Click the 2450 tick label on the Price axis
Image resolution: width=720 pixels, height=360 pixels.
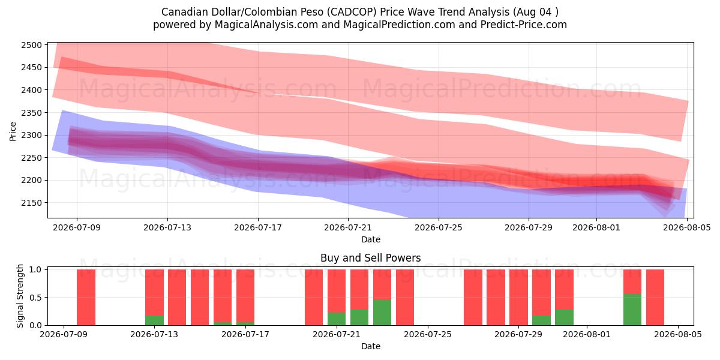coord(31,67)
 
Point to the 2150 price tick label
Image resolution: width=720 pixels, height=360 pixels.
coord(31,203)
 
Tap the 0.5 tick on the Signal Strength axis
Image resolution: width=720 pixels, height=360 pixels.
coord(35,298)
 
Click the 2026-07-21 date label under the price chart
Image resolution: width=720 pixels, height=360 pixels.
coord(348,227)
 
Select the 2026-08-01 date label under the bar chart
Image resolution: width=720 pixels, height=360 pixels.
coord(587,334)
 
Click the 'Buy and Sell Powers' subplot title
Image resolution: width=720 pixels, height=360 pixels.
coord(371,258)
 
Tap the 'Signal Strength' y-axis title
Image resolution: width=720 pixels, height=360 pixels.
coord(20,296)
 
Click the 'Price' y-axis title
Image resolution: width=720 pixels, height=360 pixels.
coord(13,131)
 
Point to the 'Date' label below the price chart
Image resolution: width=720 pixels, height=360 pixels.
coord(371,239)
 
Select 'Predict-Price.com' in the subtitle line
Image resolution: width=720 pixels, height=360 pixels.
coord(524,25)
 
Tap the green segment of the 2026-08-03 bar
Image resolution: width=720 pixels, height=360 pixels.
coord(632,310)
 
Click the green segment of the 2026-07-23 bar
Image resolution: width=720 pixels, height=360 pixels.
coord(382,313)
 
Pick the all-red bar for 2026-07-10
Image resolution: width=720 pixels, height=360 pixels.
coord(86,298)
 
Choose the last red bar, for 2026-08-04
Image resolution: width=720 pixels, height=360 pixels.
coord(655,298)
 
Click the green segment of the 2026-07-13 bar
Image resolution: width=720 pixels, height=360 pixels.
coord(154,320)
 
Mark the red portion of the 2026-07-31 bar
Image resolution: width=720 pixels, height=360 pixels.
coord(564,289)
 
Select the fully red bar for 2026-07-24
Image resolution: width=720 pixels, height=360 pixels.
coord(405,298)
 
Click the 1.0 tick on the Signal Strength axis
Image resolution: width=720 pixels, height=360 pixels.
coord(35,269)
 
